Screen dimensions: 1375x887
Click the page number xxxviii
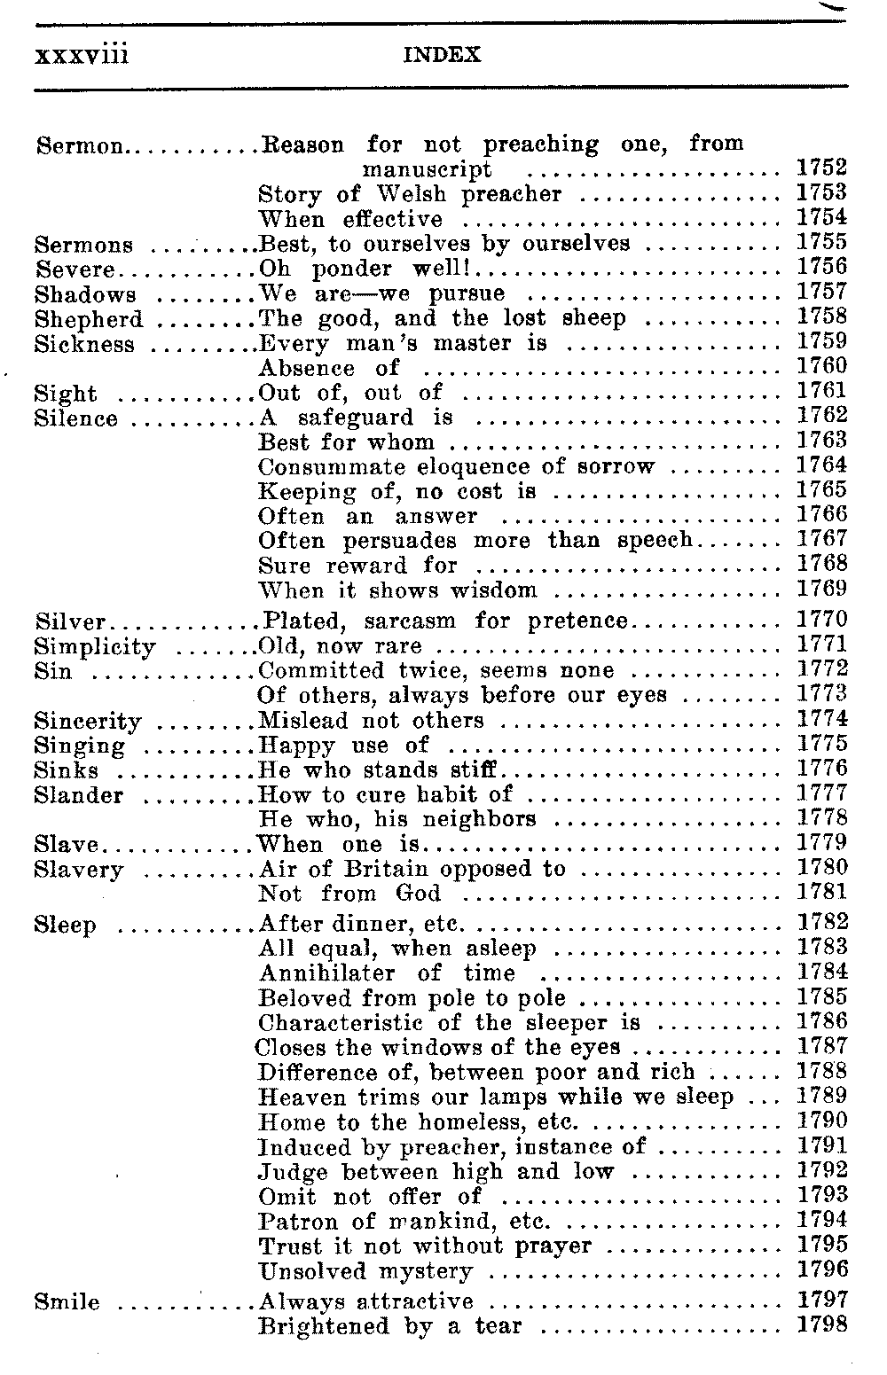pyautogui.click(x=82, y=55)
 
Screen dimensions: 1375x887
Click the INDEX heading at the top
pyautogui.click(x=442, y=56)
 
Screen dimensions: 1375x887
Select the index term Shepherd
pyautogui.click(x=88, y=319)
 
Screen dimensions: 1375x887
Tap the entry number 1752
pyautogui.click(x=821, y=168)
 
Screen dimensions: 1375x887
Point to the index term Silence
pyautogui.click(x=75, y=418)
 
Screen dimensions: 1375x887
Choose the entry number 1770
pyautogui.click(x=821, y=621)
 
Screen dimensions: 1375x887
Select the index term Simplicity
pyautogui.click(x=95, y=647)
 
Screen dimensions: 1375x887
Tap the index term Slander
pyautogui.click(x=79, y=795)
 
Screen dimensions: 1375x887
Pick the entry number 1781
pyautogui.click(x=821, y=893)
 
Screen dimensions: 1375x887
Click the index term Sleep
pyautogui.click(x=65, y=926)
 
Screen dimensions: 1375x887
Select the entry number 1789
pyautogui.click(x=821, y=1097)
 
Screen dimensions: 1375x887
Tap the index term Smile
pyautogui.click(x=67, y=1302)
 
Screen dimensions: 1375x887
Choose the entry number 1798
pyautogui.click(x=821, y=1326)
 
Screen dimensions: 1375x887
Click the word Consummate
pyautogui.click(x=331, y=467)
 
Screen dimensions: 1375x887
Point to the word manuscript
pyautogui.click(x=427, y=169)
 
